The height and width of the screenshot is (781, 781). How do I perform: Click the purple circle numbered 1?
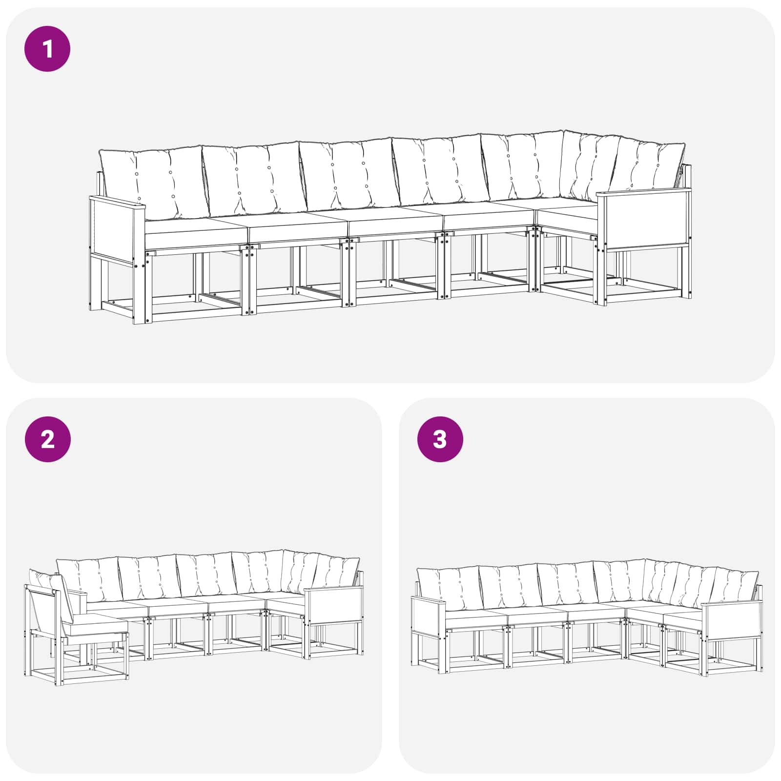[x=47, y=49]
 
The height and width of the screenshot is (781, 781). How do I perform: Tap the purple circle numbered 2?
[x=47, y=439]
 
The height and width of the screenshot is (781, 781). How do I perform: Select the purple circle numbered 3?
[x=440, y=439]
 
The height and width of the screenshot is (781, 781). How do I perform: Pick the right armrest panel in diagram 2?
[x=334, y=605]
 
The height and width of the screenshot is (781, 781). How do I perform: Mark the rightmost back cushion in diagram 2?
[x=337, y=573]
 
